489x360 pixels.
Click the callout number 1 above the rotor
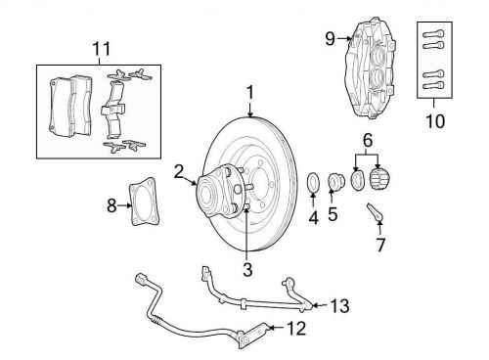point(250,92)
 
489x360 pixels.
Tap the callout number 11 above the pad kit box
point(102,49)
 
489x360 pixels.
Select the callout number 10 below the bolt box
point(435,121)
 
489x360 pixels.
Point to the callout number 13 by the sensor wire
point(340,306)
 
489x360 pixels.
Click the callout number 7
point(380,245)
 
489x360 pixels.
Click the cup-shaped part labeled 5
point(334,182)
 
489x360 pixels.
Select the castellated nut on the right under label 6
point(379,180)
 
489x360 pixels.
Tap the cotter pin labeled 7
point(375,213)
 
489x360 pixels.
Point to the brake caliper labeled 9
point(370,69)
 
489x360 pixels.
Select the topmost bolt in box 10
point(433,33)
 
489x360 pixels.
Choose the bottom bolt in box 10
point(433,86)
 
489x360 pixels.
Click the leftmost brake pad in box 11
point(61,107)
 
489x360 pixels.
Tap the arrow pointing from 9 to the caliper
point(344,38)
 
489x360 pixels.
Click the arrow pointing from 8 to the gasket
point(125,205)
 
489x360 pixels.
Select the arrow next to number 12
point(277,327)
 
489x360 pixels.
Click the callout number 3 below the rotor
point(247,269)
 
